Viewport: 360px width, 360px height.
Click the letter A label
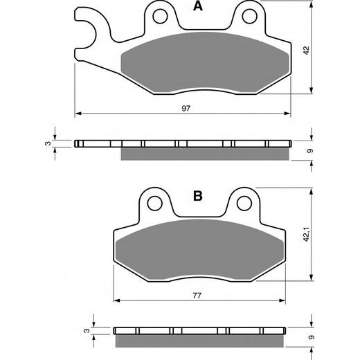198,8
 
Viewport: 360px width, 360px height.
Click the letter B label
198,196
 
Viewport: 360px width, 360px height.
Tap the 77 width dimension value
197,296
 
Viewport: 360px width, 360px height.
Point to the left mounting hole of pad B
156,203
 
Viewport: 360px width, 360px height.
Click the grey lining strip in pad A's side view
204,153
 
